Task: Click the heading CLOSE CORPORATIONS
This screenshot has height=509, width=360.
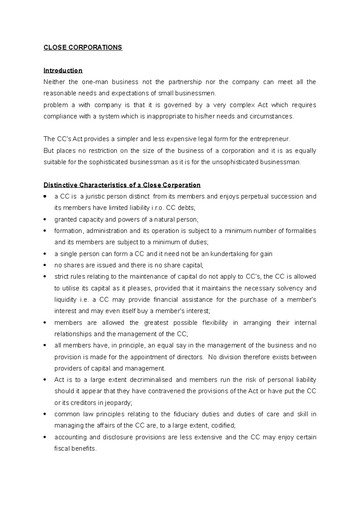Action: tap(83, 47)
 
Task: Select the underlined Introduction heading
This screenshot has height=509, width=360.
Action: tap(63, 70)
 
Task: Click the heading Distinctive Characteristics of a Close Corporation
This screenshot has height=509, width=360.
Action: tap(122, 185)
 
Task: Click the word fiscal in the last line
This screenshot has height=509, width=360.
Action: tap(62, 449)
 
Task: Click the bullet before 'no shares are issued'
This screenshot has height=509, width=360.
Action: tap(45, 265)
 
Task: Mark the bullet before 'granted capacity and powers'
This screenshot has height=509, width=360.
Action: tap(45, 219)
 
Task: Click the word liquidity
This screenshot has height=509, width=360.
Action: tap(65, 300)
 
